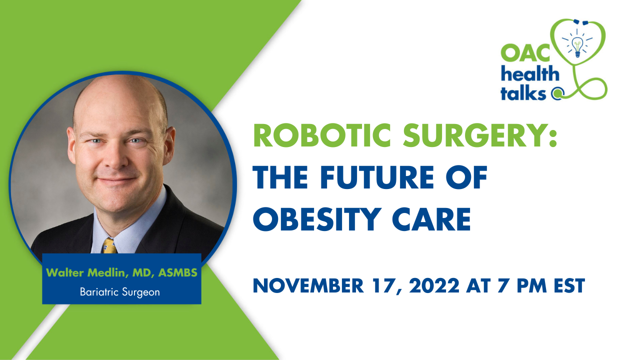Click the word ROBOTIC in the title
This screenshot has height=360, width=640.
321,135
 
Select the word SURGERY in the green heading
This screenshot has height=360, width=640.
480,135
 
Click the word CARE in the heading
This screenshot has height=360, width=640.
431,219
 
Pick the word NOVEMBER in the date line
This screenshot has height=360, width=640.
308,285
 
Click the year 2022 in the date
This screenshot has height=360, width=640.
434,285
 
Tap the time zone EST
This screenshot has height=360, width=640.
569,285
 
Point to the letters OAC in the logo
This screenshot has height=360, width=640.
525,53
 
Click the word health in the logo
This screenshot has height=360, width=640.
530,73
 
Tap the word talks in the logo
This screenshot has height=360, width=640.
523,92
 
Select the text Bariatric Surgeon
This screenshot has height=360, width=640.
120,292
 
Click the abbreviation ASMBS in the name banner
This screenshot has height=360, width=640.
177,272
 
